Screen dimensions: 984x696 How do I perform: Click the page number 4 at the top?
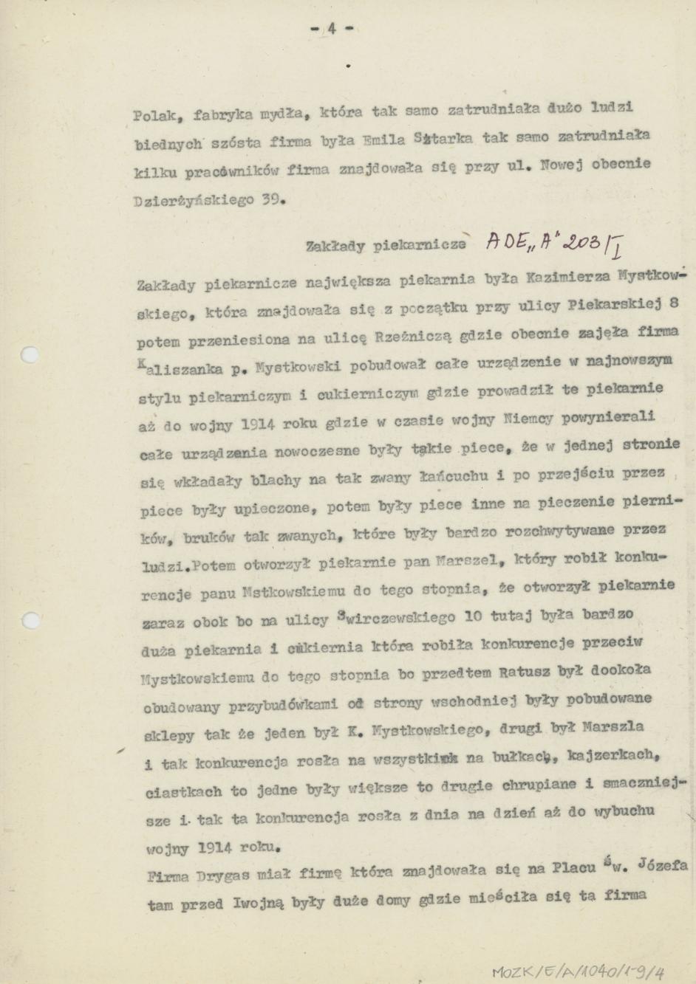tap(331, 29)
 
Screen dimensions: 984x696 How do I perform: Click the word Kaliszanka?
tap(174, 367)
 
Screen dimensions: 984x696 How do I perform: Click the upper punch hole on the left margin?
tap(28, 355)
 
